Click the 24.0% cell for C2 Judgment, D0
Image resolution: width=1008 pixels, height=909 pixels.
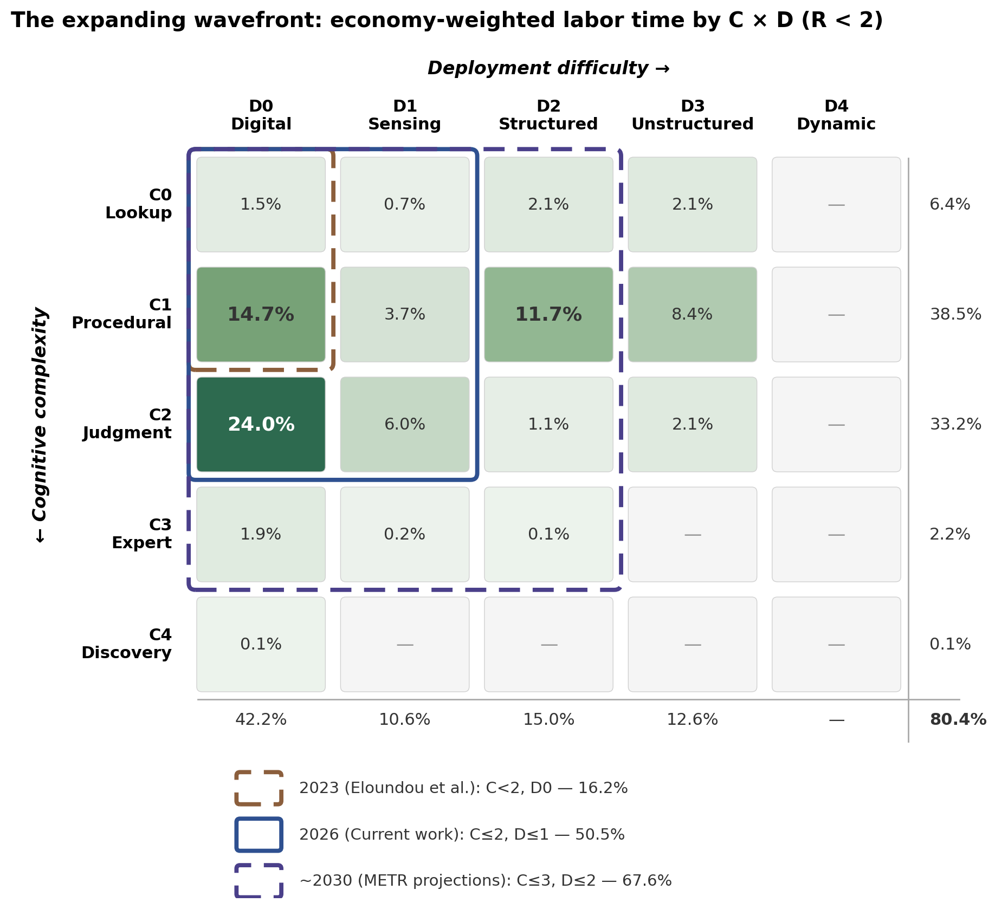tap(261, 424)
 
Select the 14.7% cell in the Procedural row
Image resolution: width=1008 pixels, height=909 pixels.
tap(261, 314)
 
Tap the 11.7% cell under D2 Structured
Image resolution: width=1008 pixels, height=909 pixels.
tap(548, 314)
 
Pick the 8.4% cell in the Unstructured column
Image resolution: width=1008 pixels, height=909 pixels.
tap(692, 314)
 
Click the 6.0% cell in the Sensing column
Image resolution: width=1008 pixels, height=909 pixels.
tap(404, 424)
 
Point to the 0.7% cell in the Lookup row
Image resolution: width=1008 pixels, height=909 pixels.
tap(404, 204)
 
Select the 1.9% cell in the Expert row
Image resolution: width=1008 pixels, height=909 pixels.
tap(261, 534)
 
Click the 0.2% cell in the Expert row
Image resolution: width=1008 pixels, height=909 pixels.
tap(404, 534)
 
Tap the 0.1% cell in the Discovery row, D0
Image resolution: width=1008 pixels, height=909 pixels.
tap(261, 644)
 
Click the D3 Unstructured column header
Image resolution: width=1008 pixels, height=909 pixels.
tap(692, 115)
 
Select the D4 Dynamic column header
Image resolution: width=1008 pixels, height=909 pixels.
tap(836, 115)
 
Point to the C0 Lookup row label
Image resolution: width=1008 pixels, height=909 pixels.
tap(139, 204)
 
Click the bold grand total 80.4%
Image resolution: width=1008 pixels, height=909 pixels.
tap(958, 719)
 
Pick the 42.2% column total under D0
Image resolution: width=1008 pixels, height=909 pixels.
tap(261, 719)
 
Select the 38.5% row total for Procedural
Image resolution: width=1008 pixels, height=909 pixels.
tap(955, 314)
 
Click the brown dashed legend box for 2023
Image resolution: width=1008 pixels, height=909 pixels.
tap(259, 788)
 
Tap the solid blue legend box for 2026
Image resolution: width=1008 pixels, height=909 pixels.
tap(259, 835)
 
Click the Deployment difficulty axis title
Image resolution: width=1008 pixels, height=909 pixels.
tap(548, 68)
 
